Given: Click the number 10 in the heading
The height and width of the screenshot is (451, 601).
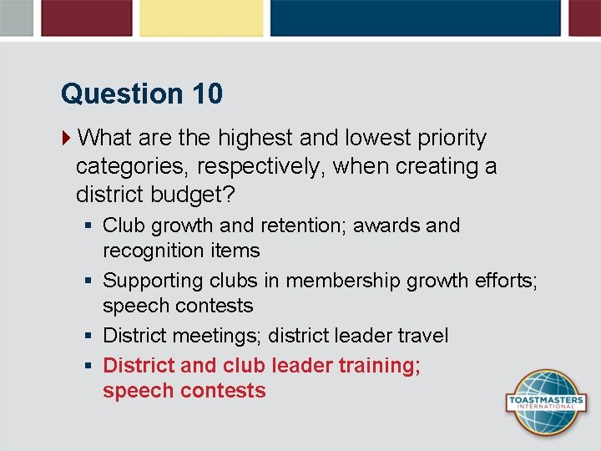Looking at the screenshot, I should (x=207, y=94).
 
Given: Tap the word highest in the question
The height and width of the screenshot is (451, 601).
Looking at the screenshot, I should (x=255, y=137).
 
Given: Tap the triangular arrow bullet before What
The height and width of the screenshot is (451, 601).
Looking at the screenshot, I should (x=67, y=137).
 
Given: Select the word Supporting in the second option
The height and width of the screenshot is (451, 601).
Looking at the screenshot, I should (x=154, y=281).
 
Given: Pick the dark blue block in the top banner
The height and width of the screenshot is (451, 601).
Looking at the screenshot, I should (x=415, y=18).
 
